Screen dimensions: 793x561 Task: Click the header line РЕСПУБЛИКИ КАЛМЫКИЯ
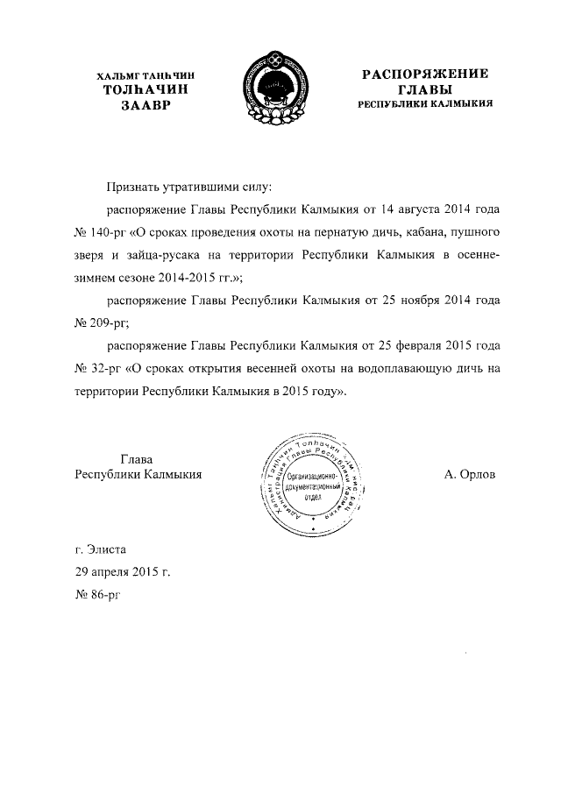click(425, 103)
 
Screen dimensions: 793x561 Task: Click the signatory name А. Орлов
click(470, 474)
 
